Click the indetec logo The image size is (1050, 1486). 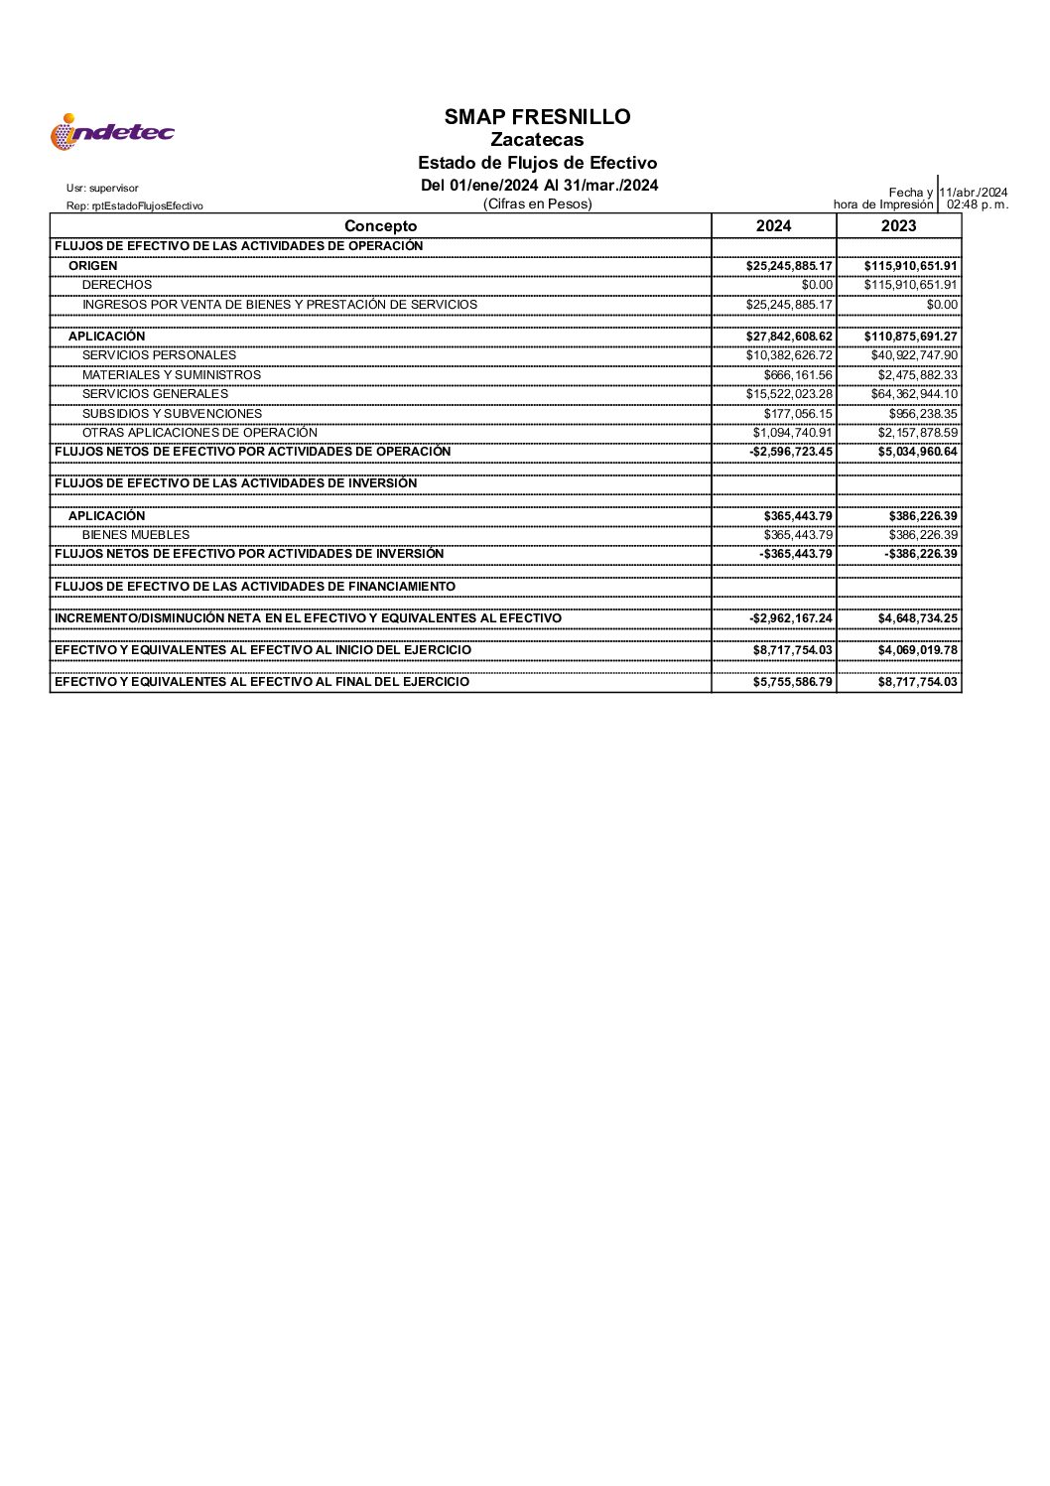tap(112, 132)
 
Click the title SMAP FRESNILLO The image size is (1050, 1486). tap(537, 117)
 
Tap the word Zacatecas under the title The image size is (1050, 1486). tap(537, 140)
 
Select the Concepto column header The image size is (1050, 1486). tap(380, 226)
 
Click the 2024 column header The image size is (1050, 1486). tap(773, 226)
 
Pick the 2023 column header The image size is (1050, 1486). tap(898, 226)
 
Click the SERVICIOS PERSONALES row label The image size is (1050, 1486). tap(159, 355)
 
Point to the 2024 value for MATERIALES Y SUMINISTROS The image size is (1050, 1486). tap(798, 375)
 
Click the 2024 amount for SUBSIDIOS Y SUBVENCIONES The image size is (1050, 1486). tap(798, 414)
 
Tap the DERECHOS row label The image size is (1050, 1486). tap(117, 285)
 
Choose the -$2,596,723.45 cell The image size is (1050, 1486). tap(791, 452)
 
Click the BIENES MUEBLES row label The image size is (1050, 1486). tap(135, 535)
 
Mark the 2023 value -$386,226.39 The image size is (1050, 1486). tap(921, 554)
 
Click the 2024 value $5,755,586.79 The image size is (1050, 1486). tap(792, 682)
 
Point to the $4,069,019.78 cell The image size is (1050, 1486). tap(917, 650)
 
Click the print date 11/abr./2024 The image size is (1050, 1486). tap(974, 193)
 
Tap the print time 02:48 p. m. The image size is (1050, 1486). tap(978, 204)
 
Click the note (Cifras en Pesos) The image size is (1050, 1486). tap(537, 204)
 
